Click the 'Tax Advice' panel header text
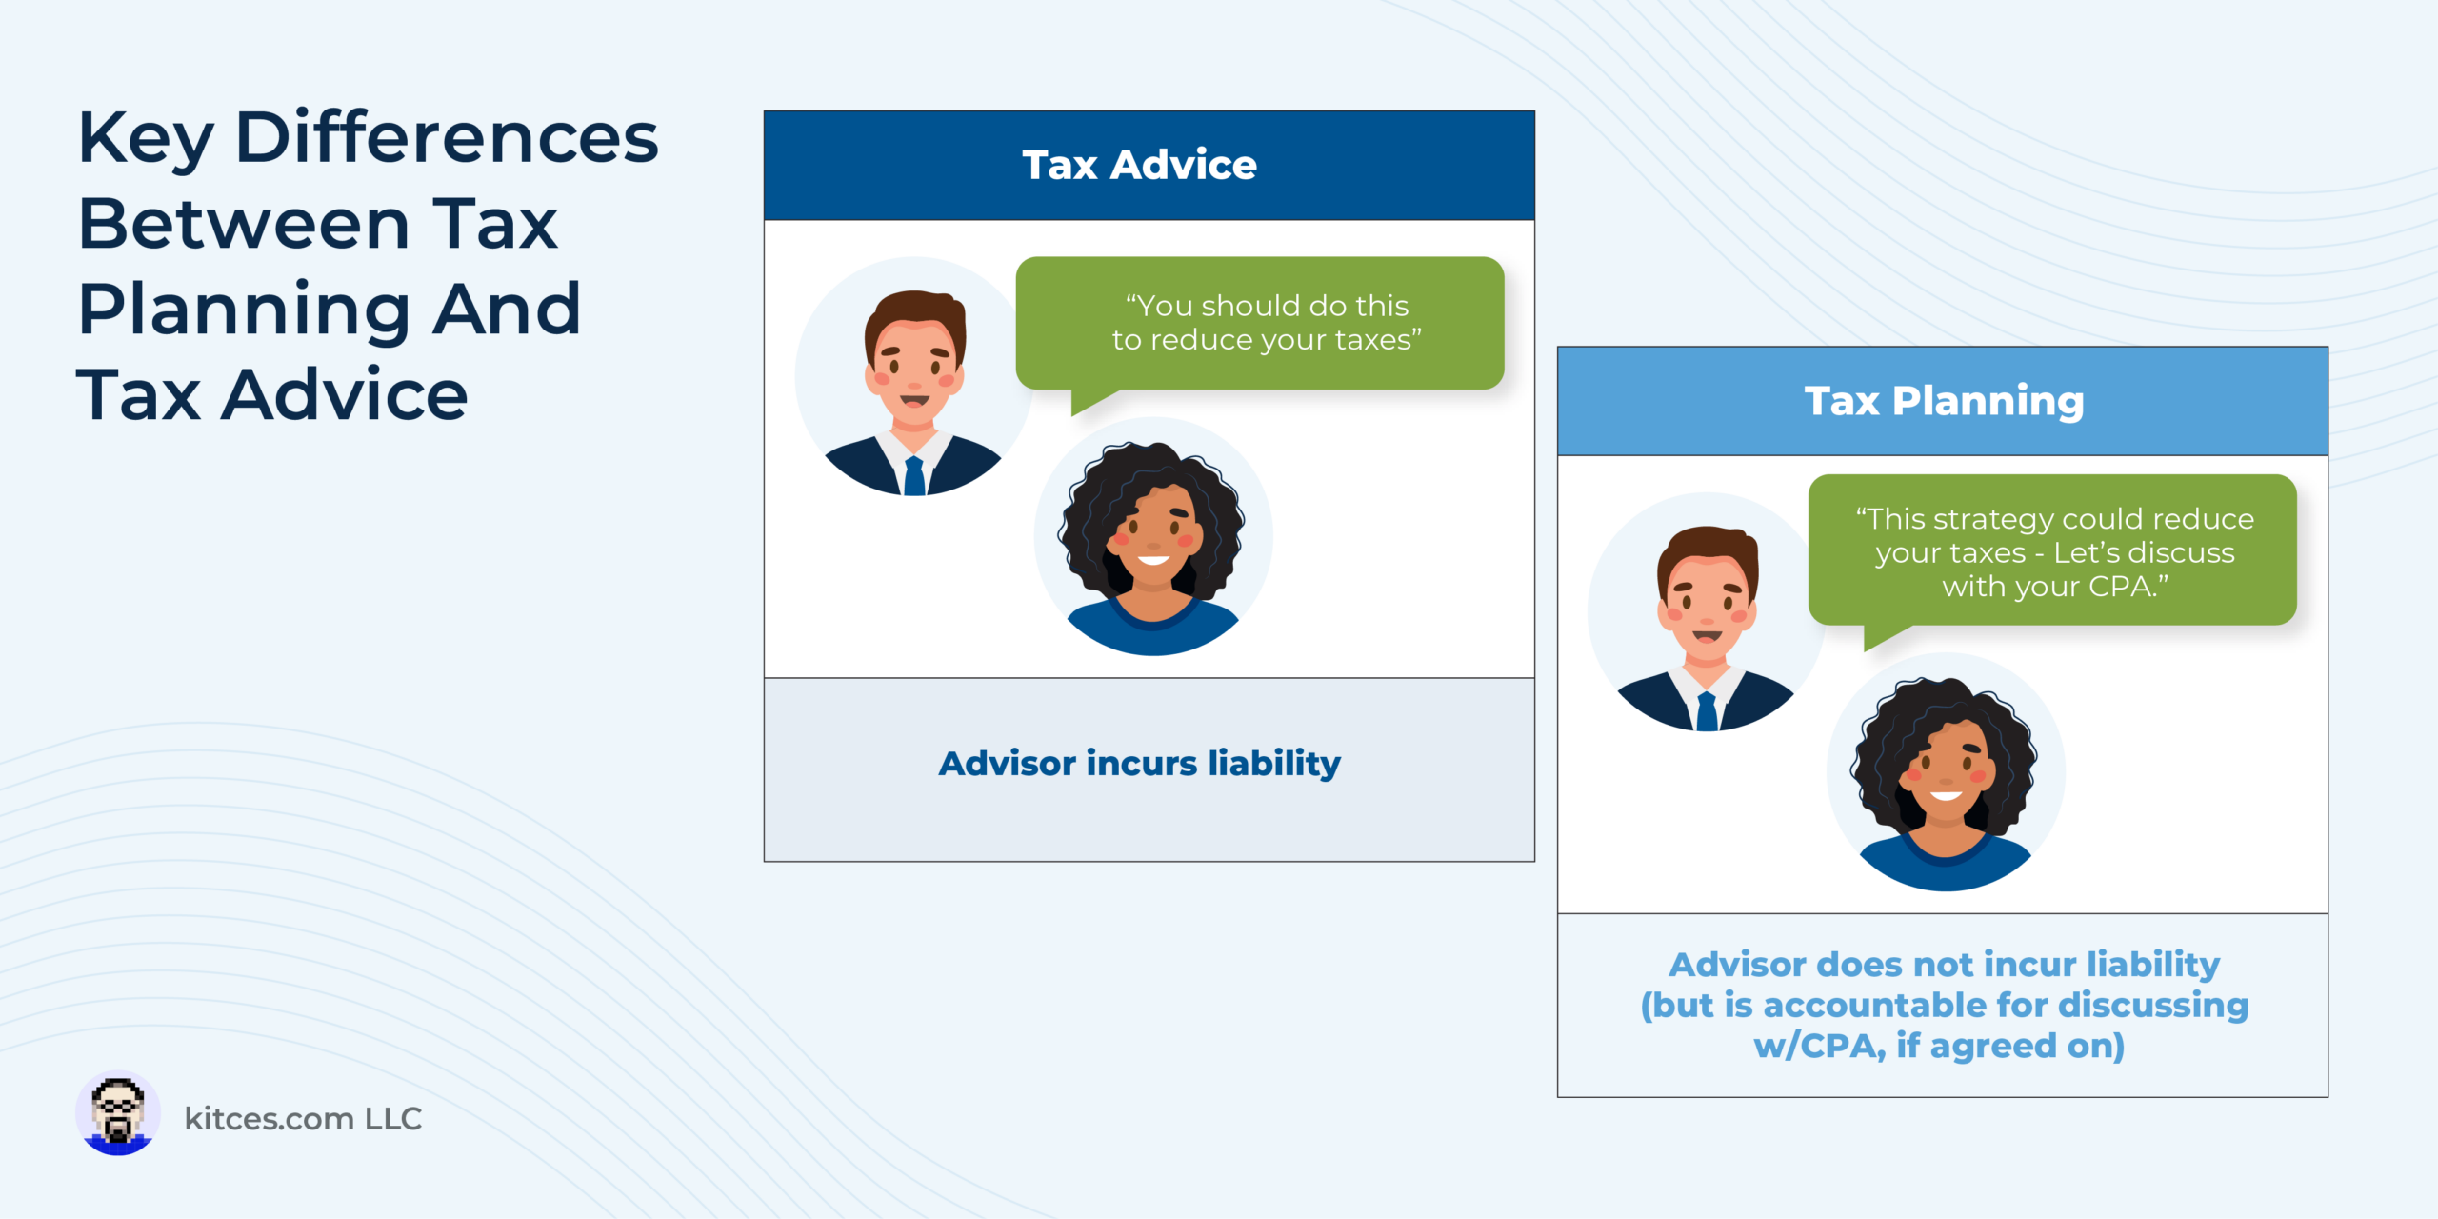(1139, 165)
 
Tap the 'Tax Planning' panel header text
(1944, 401)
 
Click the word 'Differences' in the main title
(447, 138)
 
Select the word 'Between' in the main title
(244, 225)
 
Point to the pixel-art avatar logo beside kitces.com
(118, 1113)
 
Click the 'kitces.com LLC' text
(303, 1118)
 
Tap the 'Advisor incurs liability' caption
(1140, 764)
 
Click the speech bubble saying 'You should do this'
(1260, 324)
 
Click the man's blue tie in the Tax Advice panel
(914, 475)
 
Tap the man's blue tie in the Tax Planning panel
(1707, 711)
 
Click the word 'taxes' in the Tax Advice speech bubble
(1372, 340)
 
